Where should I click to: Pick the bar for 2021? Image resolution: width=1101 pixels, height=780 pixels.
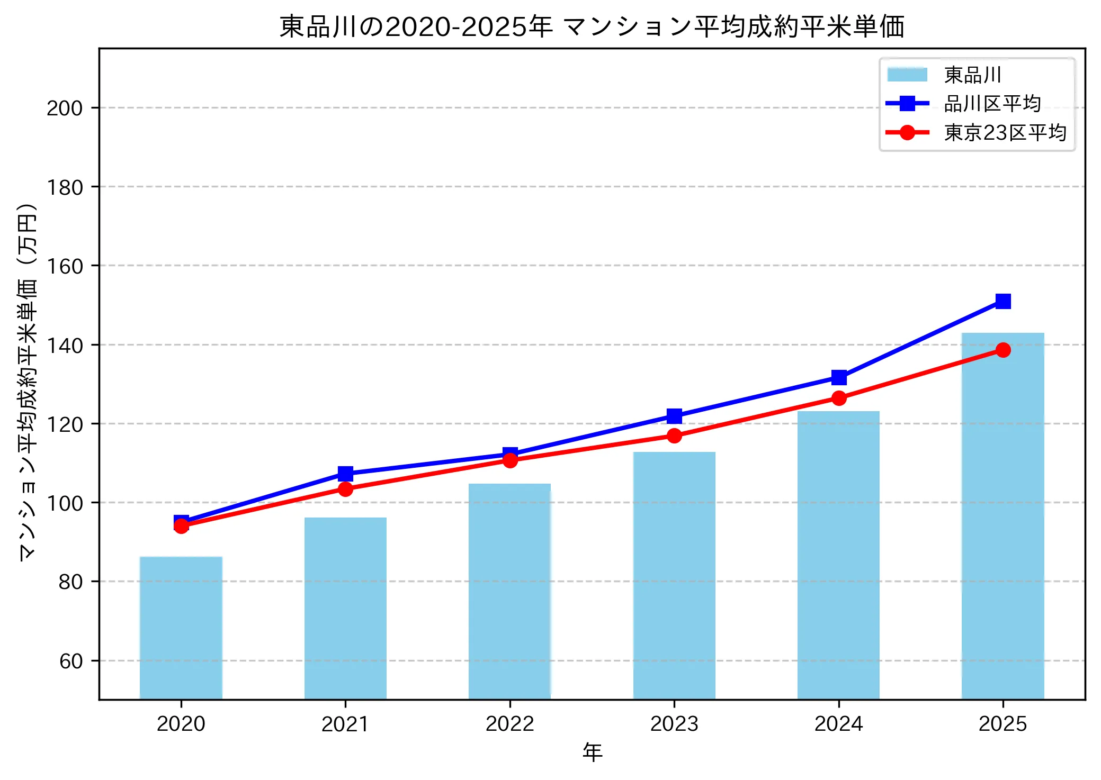point(345,608)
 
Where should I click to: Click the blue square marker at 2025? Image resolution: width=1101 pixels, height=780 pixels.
point(1003,301)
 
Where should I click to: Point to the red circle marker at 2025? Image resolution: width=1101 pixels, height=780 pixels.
point(1003,350)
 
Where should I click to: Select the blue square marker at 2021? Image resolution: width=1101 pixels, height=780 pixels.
point(345,473)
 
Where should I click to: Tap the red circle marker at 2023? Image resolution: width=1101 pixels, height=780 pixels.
point(674,436)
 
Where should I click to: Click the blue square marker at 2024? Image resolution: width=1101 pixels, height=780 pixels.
point(839,377)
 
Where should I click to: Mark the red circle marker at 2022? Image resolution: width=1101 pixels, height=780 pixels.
point(510,460)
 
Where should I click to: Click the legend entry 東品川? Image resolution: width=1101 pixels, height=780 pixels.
point(972,75)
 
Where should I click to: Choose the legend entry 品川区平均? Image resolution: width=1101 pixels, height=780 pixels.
point(992,104)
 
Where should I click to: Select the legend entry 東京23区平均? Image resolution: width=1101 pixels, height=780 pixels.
point(1005,132)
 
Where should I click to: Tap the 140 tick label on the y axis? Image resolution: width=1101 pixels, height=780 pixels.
point(65,346)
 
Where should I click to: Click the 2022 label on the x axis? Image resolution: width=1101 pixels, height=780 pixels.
point(510,724)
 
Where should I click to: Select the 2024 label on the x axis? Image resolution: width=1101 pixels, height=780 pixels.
point(839,724)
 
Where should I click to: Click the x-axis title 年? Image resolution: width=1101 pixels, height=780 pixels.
point(592,752)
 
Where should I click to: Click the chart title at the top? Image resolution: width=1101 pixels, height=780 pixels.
point(592,26)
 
